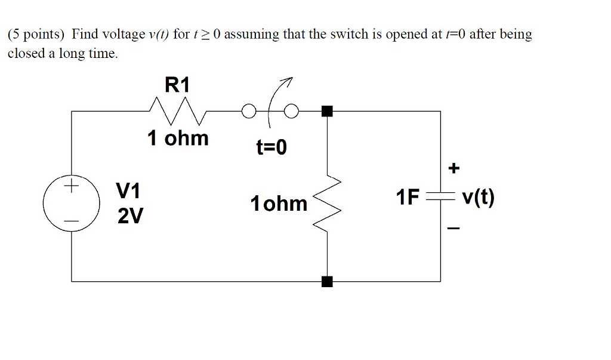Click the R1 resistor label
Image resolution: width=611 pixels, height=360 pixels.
click(177, 85)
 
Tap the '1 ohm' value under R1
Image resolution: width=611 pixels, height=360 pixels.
click(178, 139)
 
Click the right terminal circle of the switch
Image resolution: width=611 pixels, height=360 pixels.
click(291, 111)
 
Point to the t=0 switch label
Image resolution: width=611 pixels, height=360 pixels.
click(271, 147)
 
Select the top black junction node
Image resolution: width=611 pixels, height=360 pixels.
click(326, 111)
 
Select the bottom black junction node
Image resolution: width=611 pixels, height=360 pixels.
click(326, 281)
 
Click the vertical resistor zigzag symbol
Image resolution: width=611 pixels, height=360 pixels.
click(329, 203)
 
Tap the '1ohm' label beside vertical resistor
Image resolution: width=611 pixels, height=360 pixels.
click(279, 204)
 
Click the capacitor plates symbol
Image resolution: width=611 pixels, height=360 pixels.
click(440, 196)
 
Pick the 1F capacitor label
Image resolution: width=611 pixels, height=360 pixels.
click(408, 197)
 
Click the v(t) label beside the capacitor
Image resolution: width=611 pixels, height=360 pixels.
click(478, 197)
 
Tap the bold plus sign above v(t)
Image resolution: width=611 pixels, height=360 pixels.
click(454, 169)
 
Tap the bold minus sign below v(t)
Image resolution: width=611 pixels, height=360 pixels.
click(454, 229)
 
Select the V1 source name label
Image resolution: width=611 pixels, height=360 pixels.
click(128, 191)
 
